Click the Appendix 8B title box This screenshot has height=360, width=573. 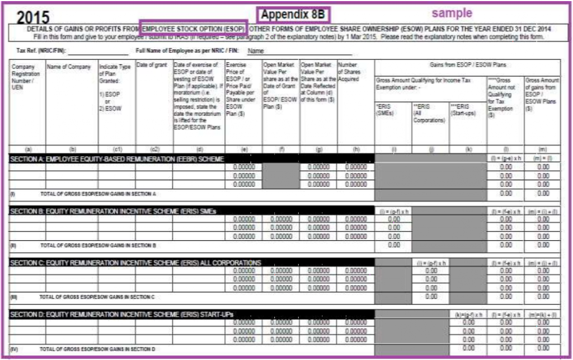click(x=293, y=15)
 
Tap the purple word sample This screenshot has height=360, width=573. click(x=451, y=13)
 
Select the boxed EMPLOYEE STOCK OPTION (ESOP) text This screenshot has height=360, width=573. click(x=194, y=29)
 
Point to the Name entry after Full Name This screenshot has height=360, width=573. click(x=256, y=50)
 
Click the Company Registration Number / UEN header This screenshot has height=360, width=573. click(x=25, y=73)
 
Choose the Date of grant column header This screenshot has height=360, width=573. click(x=152, y=66)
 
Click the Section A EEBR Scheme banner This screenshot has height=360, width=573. click(x=118, y=160)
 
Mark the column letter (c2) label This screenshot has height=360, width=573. click(x=154, y=150)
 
